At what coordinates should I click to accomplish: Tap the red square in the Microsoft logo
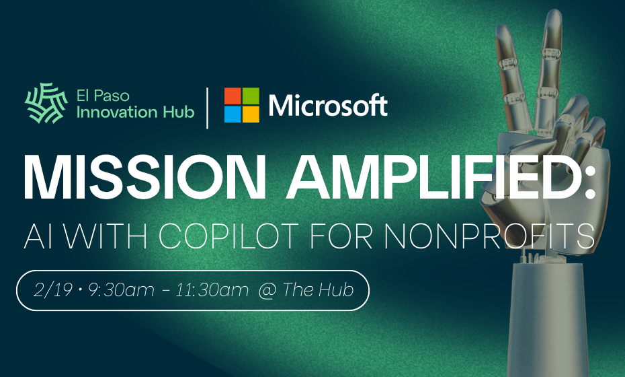232,96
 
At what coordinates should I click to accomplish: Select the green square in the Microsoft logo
250,96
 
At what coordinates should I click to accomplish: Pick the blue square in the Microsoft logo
232,114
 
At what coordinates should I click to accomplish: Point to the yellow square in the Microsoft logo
250,114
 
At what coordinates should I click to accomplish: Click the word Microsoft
328,105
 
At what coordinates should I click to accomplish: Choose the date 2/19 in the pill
54,290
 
